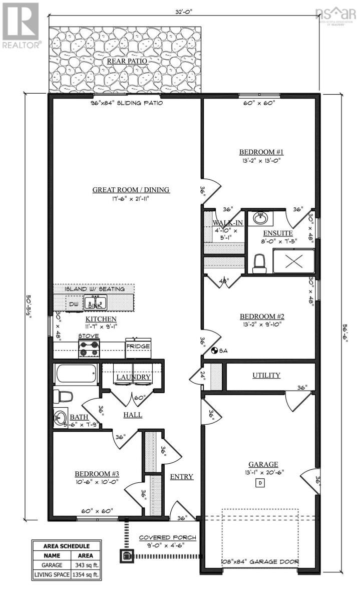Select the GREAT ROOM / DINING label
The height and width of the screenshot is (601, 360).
pyautogui.click(x=131, y=190)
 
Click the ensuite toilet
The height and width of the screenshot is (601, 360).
pyautogui.click(x=259, y=263)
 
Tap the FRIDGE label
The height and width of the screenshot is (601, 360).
pyautogui.click(x=138, y=346)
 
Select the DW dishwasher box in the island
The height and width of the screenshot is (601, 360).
pyautogui.click(x=74, y=304)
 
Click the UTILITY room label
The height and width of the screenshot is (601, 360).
pyautogui.click(x=266, y=375)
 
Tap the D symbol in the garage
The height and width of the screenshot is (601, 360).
pyautogui.click(x=260, y=483)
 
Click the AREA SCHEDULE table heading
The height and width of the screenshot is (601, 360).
pyautogui.click(x=67, y=546)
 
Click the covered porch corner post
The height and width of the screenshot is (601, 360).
pyautogui.click(x=125, y=554)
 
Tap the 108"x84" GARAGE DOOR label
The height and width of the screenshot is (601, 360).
pyautogui.click(x=260, y=561)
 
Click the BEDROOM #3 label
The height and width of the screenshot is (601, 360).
pyautogui.click(x=97, y=474)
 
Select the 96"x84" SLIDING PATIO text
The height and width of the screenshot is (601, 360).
pyautogui.click(x=126, y=103)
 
